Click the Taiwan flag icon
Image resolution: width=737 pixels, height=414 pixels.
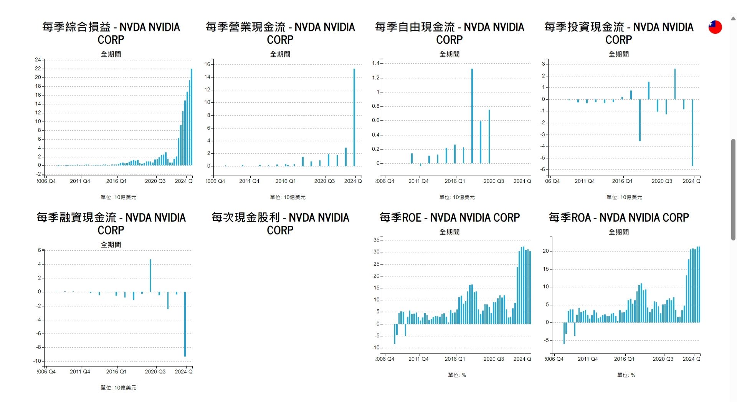click(715, 27)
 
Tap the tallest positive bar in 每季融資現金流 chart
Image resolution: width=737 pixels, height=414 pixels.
click(150, 276)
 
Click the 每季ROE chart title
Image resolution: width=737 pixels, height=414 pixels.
click(449, 218)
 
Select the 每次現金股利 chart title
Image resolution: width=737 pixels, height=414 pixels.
click(280, 224)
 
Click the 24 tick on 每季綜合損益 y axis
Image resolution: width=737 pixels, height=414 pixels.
click(38, 60)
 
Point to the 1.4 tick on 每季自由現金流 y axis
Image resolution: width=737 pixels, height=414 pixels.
click(375, 63)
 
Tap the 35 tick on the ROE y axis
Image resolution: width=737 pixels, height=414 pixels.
click(377, 240)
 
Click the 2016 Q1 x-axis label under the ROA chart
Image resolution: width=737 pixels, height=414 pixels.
click(624, 359)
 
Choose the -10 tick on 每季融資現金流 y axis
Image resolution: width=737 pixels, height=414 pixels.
click(37, 361)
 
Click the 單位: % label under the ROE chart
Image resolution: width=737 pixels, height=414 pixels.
click(457, 375)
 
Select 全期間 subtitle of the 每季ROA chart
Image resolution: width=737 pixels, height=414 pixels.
click(619, 232)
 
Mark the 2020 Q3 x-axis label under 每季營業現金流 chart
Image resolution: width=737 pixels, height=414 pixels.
click(324, 181)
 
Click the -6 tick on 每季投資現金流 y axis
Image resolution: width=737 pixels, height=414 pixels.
click(543, 169)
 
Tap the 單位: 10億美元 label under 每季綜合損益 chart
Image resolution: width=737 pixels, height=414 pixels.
click(118, 197)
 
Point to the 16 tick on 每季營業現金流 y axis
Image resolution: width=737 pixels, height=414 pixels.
click(207, 64)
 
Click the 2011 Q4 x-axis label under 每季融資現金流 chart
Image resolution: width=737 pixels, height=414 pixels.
click(80, 371)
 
